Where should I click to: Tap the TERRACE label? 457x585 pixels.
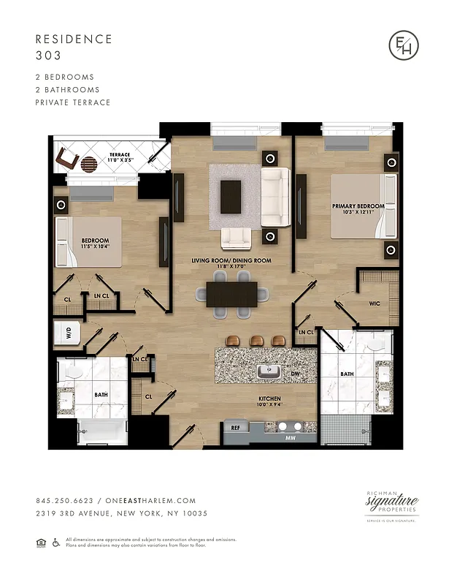(120, 155)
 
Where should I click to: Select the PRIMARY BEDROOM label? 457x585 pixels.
(358, 206)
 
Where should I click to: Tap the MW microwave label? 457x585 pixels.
(291, 439)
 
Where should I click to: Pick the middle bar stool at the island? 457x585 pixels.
(256, 341)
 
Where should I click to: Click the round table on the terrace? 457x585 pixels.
(88, 163)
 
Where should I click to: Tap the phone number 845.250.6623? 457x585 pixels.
(62, 501)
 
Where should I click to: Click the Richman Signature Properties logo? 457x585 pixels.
(392, 505)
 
